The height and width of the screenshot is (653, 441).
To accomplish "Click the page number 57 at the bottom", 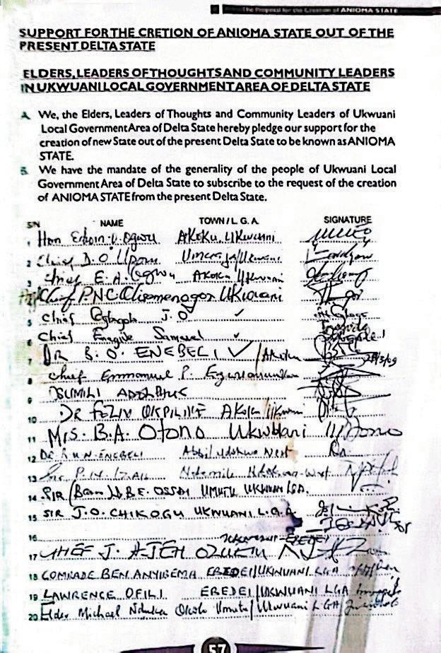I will pyautogui.click(x=220, y=645).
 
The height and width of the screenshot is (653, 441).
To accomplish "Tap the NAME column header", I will pyautogui.click(x=112, y=223).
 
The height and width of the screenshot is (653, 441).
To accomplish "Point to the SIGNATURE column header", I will pyautogui.click(x=347, y=220).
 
